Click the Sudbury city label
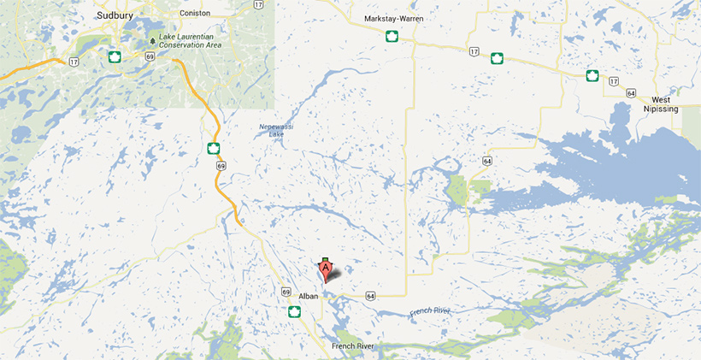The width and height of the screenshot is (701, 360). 115,14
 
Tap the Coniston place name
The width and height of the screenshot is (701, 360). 194,13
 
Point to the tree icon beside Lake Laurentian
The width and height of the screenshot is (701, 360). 152,40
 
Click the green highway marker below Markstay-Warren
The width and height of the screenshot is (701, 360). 392,36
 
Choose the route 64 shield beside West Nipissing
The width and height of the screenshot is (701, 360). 630,92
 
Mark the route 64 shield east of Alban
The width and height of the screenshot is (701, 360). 369,296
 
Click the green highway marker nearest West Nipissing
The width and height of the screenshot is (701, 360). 592,75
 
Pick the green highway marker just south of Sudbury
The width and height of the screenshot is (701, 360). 112,56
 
